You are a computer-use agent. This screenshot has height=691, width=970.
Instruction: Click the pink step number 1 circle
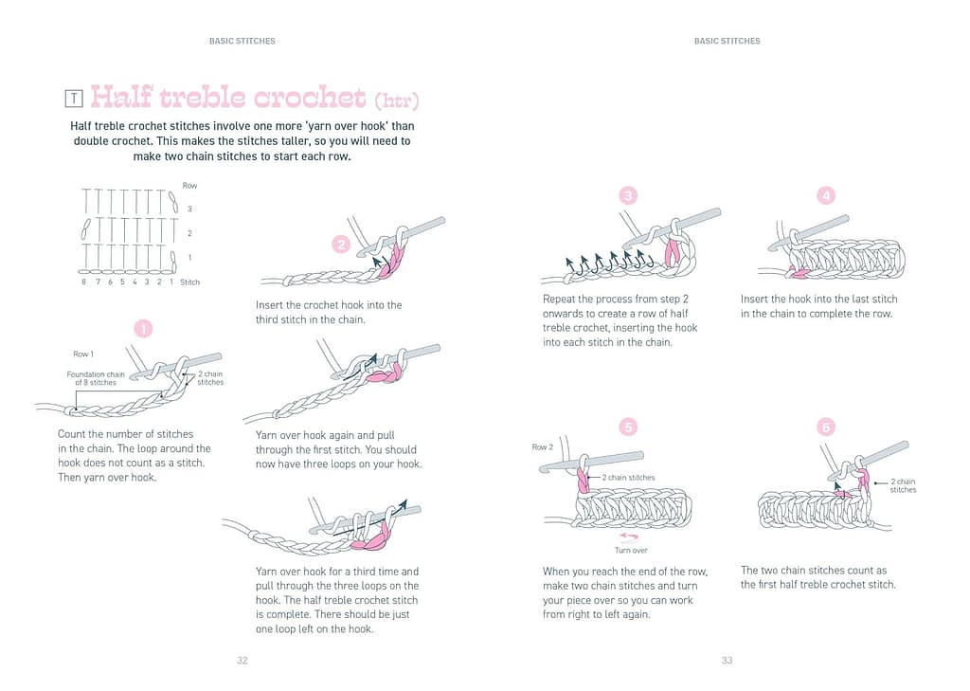[143, 330]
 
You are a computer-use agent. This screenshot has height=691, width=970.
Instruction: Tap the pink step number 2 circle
[341, 245]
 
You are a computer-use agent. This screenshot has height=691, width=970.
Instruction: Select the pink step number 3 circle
[628, 196]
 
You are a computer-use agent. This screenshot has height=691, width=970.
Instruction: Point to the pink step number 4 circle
[826, 196]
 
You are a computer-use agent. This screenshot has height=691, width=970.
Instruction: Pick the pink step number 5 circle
[628, 427]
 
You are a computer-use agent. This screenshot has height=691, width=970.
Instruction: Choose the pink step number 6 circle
[826, 427]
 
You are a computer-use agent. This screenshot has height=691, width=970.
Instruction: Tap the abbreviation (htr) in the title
[396, 100]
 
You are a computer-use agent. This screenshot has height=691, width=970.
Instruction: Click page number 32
[242, 661]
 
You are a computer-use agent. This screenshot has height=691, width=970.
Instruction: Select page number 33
[727, 661]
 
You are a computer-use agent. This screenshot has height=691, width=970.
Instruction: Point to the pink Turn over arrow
[629, 536]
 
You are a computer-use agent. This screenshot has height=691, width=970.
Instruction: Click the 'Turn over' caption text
[630, 551]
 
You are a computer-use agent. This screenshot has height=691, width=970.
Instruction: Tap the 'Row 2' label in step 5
[543, 446]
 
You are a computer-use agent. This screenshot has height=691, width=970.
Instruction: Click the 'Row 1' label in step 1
[83, 355]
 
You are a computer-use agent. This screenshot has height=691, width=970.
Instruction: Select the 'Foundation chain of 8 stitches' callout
[96, 378]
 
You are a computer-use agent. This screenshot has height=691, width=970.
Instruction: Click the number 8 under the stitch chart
[83, 282]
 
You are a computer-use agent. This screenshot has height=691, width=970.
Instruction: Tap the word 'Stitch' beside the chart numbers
[189, 282]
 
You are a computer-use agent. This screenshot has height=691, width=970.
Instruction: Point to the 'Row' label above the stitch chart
[189, 186]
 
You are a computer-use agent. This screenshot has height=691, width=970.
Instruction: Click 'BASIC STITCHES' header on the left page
[242, 41]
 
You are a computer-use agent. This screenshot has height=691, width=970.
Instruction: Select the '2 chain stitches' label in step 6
[903, 485]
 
